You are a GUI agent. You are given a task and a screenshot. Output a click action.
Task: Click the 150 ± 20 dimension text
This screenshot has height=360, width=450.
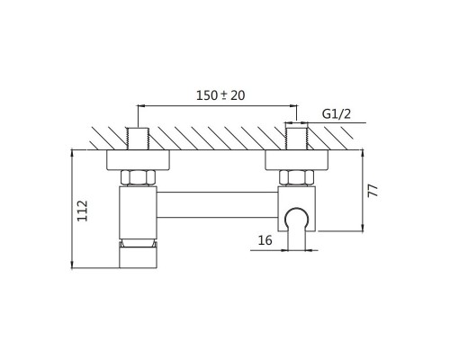tap(220, 95)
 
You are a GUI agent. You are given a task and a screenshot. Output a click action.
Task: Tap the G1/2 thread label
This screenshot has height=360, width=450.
tap(337, 114)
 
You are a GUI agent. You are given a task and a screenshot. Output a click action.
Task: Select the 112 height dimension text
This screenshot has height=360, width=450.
tap(83, 211)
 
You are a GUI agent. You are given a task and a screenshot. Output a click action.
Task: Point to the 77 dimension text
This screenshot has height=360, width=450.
tap(373, 191)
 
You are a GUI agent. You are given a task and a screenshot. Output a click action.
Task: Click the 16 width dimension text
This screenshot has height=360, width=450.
tap(265, 240)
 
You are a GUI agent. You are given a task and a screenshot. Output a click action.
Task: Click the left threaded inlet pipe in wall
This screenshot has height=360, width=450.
tap(138, 139)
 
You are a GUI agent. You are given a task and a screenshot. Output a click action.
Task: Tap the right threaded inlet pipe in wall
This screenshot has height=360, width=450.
tap(296, 139)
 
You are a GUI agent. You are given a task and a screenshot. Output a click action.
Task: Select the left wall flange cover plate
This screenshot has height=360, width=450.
tap(138, 159)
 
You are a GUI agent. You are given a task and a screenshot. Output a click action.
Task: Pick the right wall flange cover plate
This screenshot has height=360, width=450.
tap(297, 159)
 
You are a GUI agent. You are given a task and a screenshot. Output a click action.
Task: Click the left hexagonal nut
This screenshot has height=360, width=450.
tap(139, 177)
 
